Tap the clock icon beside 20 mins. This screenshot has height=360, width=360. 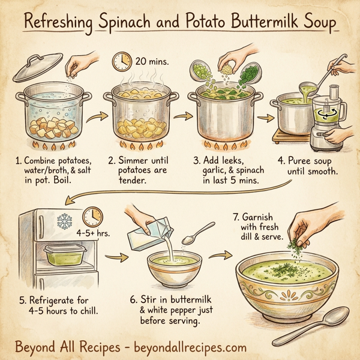coord(122,60)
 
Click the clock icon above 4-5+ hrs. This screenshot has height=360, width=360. coord(92,217)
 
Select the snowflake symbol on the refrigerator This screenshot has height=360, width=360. coord(64,221)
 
